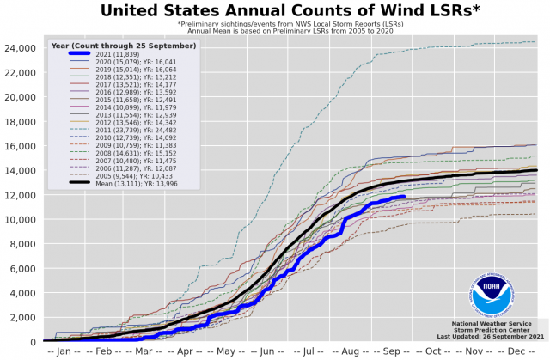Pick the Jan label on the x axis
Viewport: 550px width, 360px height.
click(x=63, y=351)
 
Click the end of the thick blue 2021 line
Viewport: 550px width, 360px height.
click(x=403, y=197)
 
